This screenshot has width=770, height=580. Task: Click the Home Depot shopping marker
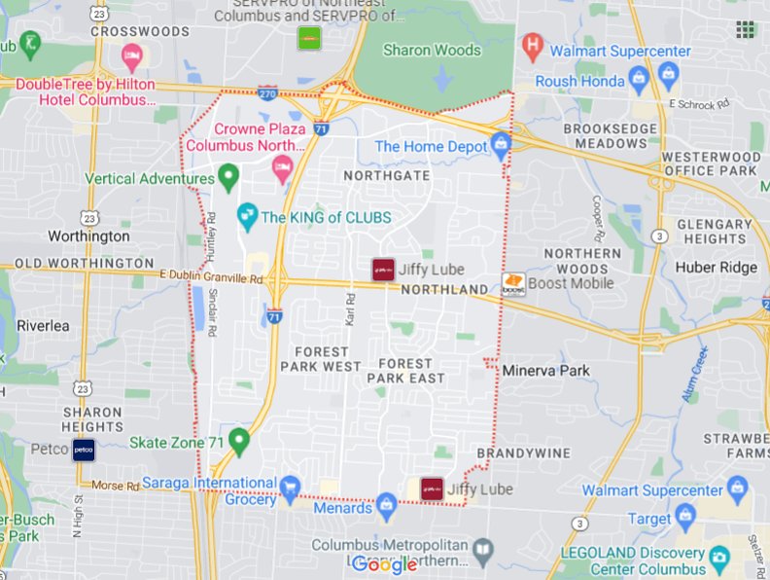click(x=501, y=147)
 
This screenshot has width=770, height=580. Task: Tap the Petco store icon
click(x=85, y=451)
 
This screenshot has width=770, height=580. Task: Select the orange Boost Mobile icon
click(x=513, y=283)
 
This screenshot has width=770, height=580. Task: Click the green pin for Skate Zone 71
click(x=239, y=442)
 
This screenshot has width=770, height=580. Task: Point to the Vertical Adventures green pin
click(x=228, y=177)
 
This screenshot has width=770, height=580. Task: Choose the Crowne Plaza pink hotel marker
click(x=282, y=166)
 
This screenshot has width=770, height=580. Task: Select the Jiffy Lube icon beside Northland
click(x=383, y=270)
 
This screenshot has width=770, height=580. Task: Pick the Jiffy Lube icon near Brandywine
click(x=432, y=489)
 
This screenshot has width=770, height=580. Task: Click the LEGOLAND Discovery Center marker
click(x=719, y=558)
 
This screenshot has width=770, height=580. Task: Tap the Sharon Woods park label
click(x=432, y=50)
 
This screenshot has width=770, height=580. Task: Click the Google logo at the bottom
click(x=384, y=564)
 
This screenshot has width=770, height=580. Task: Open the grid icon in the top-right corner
click(x=746, y=29)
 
